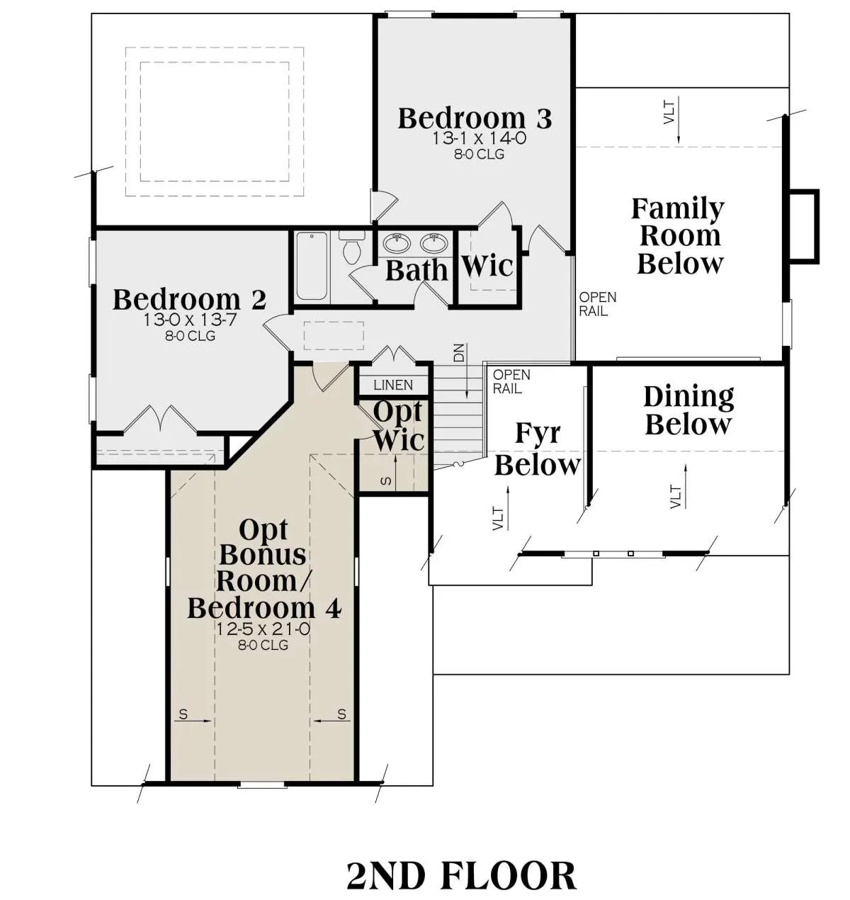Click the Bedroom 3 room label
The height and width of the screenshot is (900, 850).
[x=475, y=118]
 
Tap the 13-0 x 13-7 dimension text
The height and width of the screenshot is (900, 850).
[x=190, y=320]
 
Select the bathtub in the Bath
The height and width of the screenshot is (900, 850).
[x=312, y=266]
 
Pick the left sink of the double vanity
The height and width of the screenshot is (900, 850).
[x=397, y=243]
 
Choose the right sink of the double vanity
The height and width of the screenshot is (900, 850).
[x=434, y=243]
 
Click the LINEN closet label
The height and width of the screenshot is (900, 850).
[x=393, y=386]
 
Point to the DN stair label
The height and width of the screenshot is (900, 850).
[x=460, y=353]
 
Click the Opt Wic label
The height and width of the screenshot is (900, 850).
[x=398, y=426]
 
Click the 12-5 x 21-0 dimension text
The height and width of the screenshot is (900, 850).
[x=263, y=629]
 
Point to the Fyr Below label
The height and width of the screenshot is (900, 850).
[x=538, y=449]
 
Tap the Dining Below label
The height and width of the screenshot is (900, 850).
[x=688, y=410]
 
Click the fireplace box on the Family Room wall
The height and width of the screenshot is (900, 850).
[x=804, y=226]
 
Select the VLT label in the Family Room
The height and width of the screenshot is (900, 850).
[x=669, y=113]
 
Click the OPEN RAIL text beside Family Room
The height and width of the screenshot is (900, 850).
[x=598, y=304]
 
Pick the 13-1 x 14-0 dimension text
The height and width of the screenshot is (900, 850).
[x=479, y=138]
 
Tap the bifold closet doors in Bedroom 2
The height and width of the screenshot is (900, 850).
[x=160, y=420]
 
